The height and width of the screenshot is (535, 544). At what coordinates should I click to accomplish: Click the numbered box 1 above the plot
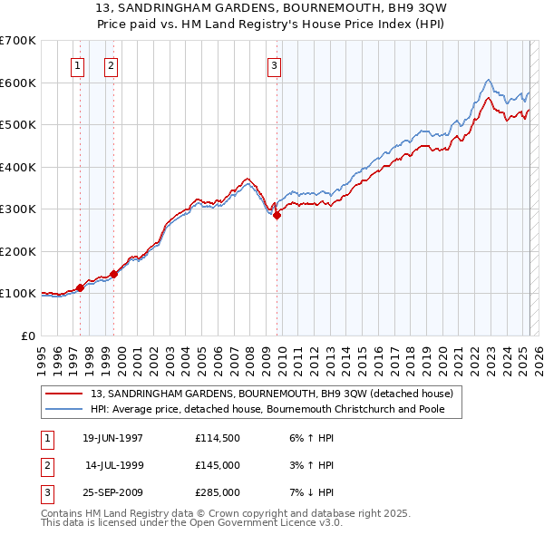pyautogui.click(x=77, y=64)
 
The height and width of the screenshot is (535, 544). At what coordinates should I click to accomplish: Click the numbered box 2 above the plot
pyautogui.click(x=111, y=64)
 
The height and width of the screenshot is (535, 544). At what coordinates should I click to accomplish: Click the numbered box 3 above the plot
pyautogui.click(x=274, y=64)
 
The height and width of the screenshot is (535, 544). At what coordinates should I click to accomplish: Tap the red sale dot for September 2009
pyautogui.click(x=277, y=216)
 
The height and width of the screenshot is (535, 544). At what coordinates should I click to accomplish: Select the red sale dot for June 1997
pyautogui.click(x=81, y=287)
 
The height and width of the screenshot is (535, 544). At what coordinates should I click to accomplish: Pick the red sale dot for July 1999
pyautogui.click(x=114, y=274)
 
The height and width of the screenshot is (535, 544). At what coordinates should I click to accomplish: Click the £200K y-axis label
pyautogui.click(x=18, y=251)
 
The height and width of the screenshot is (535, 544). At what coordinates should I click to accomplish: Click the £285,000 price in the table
pyautogui.click(x=218, y=492)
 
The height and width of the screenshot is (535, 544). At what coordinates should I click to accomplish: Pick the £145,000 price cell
pyautogui.click(x=218, y=465)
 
